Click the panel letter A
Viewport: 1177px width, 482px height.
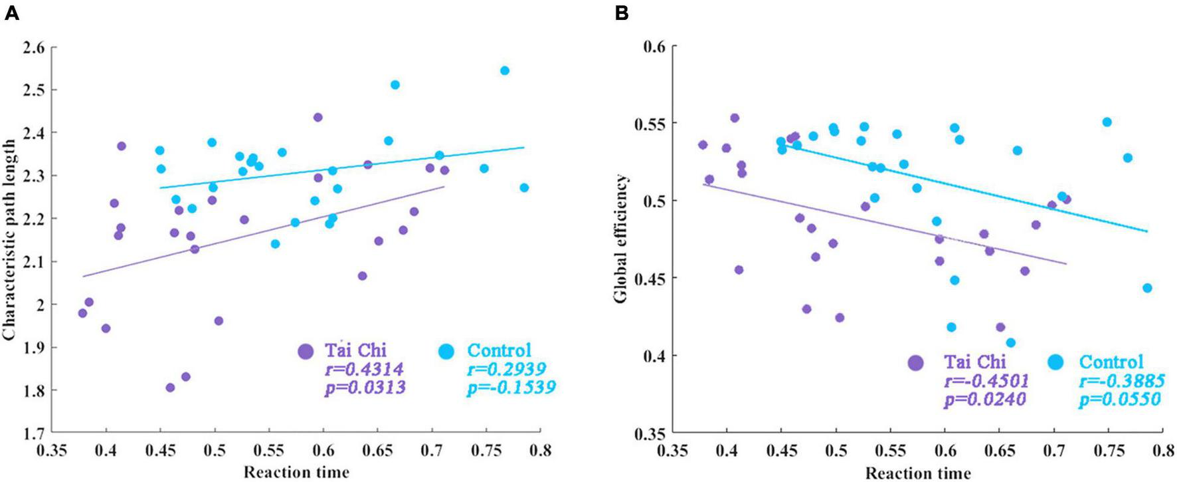[x=11, y=13]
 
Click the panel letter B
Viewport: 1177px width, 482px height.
[x=622, y=13]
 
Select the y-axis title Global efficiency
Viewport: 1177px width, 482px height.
[x=620, y=239]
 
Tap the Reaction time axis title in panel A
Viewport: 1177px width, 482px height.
[x=296, y=472]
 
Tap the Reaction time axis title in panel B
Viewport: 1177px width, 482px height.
[x=917, y=473]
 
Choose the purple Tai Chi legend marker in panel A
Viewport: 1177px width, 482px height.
[x=306, y=351]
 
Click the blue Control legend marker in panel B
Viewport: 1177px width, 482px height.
[x=1054, y=362]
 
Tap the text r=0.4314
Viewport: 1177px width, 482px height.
[x=364, y=369]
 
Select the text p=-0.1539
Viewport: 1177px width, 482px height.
[x=511, y=387]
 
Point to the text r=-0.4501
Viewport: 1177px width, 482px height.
[x=986, y=380]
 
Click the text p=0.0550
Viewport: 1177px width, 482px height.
[x=1120, y=399]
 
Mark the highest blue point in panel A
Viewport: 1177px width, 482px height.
[x=505, y=70]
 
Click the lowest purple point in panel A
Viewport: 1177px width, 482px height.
[x=170, y=388]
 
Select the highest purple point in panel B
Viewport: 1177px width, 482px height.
[x=735, y=118]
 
